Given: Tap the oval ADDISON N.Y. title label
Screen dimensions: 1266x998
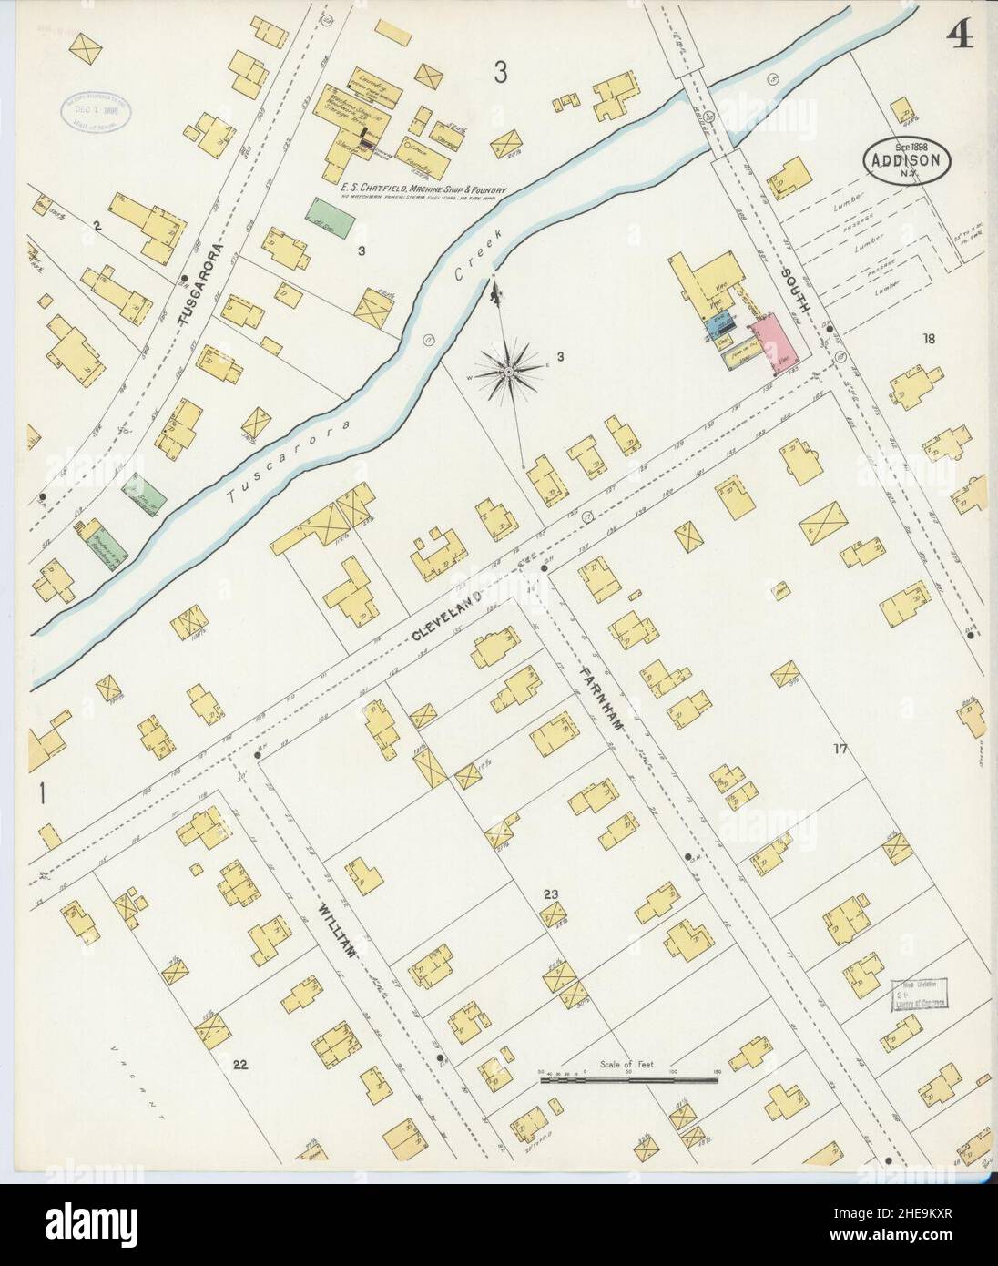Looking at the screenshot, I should (908, 161).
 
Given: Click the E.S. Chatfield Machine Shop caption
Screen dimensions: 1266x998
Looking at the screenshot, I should (423, 190).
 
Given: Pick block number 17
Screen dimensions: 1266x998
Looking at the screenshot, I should (840, 749).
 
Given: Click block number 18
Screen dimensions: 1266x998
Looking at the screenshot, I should (928, 340).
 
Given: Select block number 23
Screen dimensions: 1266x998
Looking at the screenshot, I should (550, 893).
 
